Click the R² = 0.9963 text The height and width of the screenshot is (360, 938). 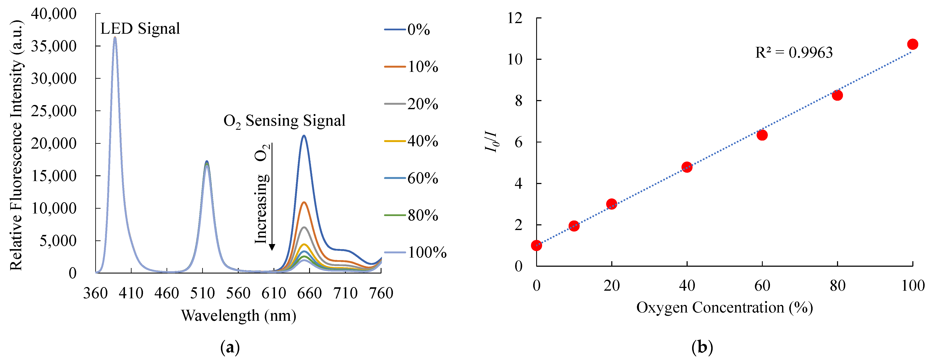[x=794, y=53]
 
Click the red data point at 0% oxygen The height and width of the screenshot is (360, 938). [x=536, y=245]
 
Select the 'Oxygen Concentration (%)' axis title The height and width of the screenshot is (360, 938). [x=725, y=308]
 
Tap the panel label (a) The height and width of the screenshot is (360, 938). [x=230, y=348]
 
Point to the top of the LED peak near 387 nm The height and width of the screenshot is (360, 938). [x=115, y=38]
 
